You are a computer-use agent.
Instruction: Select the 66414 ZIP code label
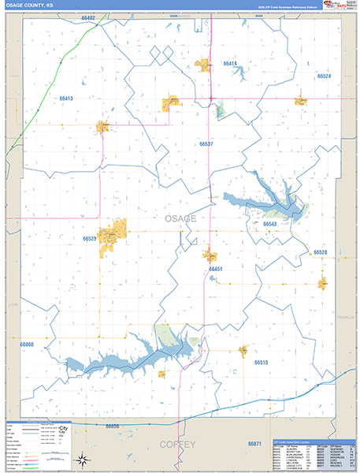[x=230, y=63]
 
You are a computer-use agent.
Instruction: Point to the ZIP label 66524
[x=324, y=76]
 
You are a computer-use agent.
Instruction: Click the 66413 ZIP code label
[x=65, y=99]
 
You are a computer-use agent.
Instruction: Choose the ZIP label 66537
[x=206, y=145]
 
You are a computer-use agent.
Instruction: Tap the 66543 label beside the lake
[x=270, y=225]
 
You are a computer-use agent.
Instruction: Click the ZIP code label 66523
[x=90, y=237]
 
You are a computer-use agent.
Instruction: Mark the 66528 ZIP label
[x=320, y=252]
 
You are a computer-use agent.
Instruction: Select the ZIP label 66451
[x=216, y=270]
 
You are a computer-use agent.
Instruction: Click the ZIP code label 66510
[x=262, y=362]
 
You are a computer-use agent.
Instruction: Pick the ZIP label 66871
[x=254, y=445]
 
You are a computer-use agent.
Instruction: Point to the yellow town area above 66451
[x=210, y=255]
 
